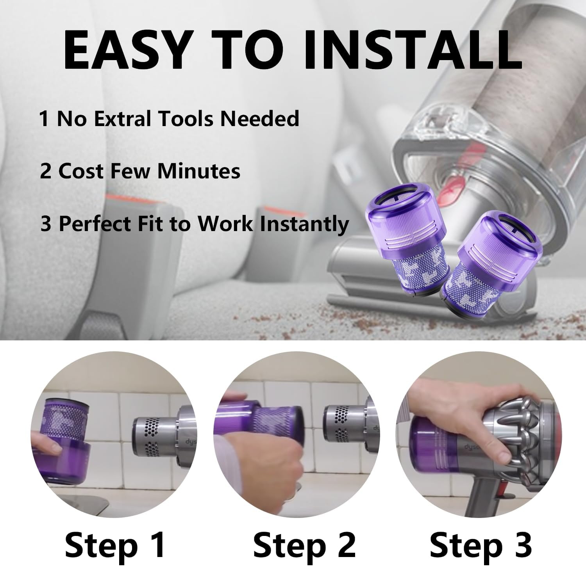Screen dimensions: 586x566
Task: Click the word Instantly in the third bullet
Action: click(305, 224)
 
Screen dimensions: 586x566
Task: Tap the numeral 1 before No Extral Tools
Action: click(44, 119)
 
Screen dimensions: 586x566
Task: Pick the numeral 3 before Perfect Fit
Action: click(46, 224)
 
